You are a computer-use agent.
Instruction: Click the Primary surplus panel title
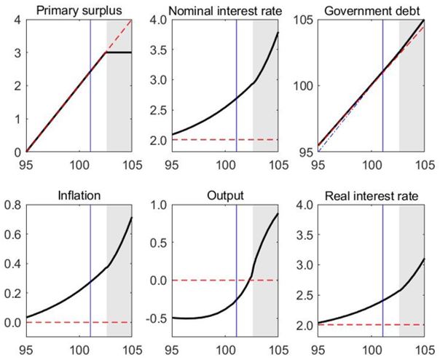[x=79, y=11]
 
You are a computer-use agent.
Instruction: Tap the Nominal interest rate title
[x=225, y=11]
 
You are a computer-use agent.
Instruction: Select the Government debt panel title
[x=372, y=11]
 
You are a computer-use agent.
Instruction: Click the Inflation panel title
[x=79, y=195]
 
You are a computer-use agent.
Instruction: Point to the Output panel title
[x=225, y=195]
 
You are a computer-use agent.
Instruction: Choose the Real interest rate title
[x=372, y=196]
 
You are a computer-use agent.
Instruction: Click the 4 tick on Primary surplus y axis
[x=17, y=20]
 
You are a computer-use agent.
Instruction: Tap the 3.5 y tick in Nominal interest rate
[x=159, y=50]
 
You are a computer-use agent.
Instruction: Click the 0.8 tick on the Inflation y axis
[x=13, y=205]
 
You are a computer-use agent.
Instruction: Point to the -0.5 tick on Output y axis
[x=157, y=318]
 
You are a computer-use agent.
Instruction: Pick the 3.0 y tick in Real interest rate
[x=305, y=265]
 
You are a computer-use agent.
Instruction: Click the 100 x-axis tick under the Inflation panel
[x=79, y=351]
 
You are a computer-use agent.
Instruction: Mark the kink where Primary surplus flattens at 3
[x=106, y=52]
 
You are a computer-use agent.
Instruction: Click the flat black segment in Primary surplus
[x=119, y=52]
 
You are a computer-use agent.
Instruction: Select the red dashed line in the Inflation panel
[x=79, y=322]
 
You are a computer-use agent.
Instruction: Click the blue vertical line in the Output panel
[x=237, y=270]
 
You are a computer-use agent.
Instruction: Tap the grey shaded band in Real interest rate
[x=412, y=270]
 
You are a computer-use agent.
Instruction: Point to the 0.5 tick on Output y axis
[x=159, y=242]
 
